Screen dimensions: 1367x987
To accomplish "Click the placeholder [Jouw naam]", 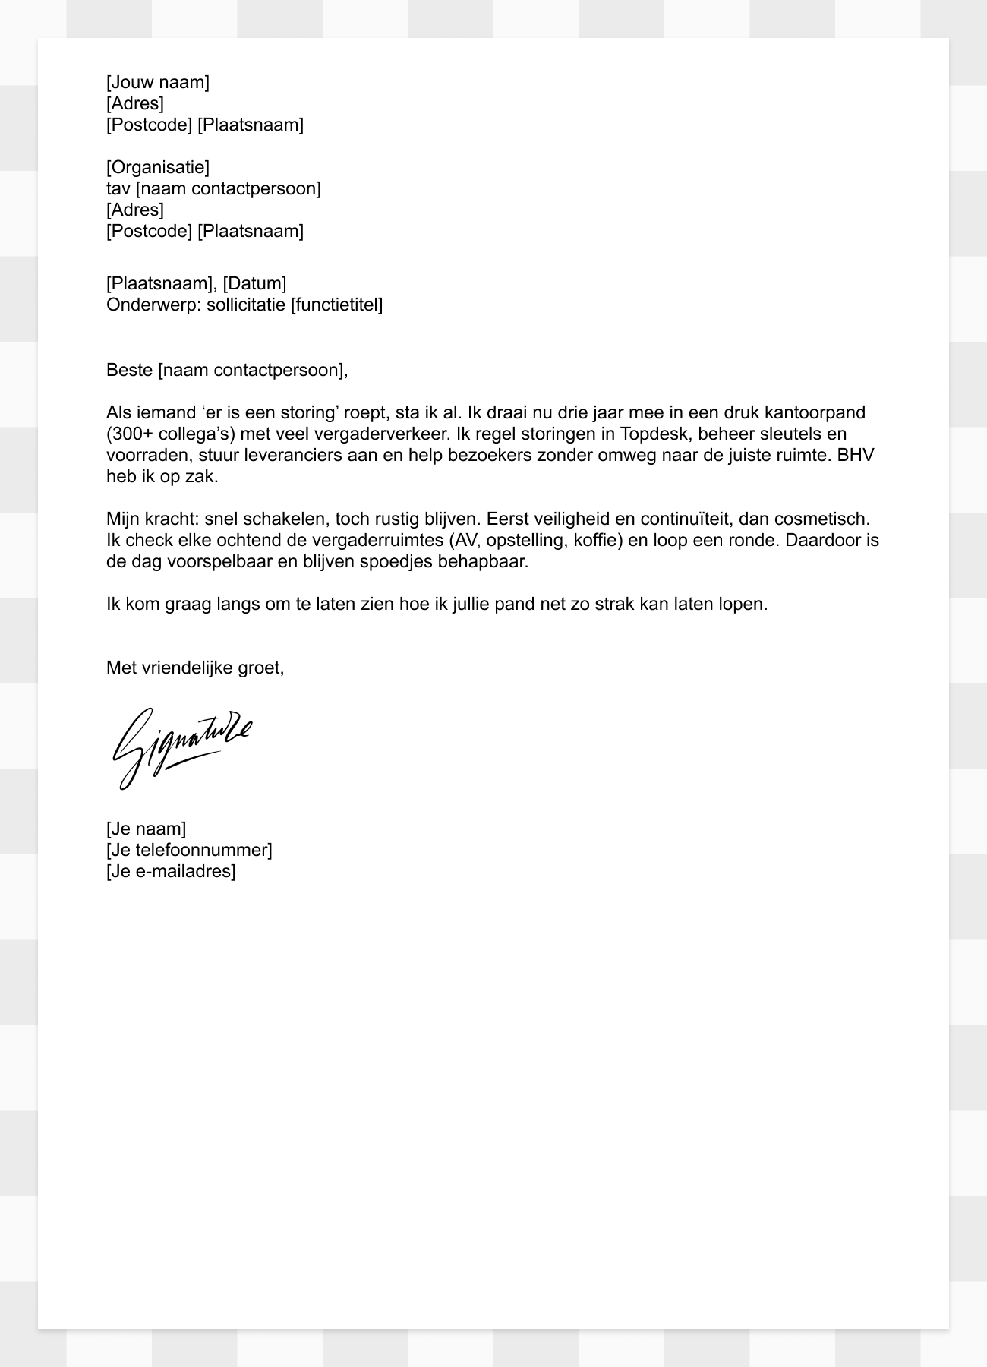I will [158, 82].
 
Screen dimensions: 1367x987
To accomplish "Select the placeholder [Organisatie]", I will [158, 167].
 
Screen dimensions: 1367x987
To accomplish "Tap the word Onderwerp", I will [153, 305].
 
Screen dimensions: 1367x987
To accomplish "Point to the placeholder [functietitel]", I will [337, 305].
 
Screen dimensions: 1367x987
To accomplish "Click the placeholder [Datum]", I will [254, 284].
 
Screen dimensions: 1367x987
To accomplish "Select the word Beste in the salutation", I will [130, 371].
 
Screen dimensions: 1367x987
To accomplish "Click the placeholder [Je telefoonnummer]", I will [189, 850].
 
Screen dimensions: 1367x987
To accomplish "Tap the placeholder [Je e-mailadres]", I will [171, 871].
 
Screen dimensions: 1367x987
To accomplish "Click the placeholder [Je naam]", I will [146, 829].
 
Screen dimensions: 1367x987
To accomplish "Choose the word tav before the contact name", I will [118, 188].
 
